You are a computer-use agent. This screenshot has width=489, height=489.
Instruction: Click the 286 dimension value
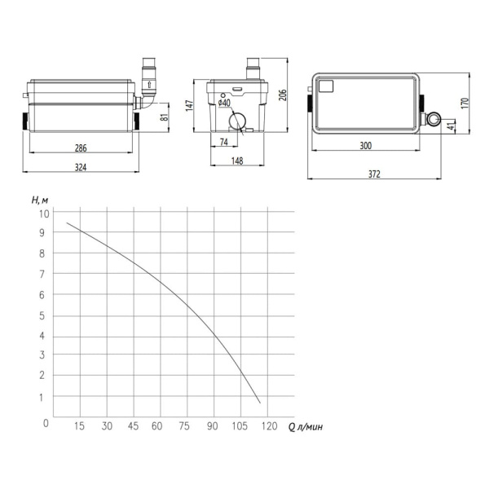click(x=81, y=148)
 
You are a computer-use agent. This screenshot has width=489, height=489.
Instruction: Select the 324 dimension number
click(x=81, y=167)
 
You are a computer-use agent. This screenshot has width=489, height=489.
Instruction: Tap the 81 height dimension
click(x=165, y=117)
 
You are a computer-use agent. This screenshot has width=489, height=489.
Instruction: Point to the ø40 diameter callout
click(x=224, y=103)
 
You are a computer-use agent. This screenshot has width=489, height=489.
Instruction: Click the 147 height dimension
click(x=189, y=106)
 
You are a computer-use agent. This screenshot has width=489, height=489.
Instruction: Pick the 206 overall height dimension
click(x=283, y=95)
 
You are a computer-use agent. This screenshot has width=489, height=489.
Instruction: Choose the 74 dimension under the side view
click(x=224, y=142)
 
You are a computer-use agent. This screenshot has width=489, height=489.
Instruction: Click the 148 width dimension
click(x=237, y=161)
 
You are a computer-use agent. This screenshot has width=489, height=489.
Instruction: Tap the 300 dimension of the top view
click(x=365, y=146)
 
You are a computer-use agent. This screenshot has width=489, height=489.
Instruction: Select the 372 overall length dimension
click(x=374, y=174)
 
